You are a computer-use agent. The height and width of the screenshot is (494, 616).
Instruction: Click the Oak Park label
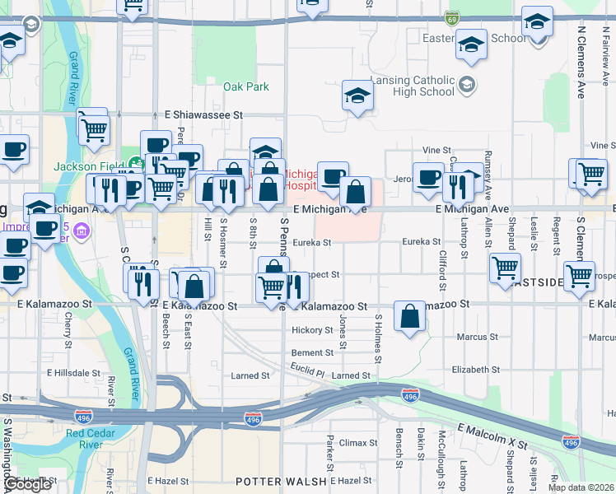[x=246, y=86]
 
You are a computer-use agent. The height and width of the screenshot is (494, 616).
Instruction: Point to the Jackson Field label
[x=86, y=166]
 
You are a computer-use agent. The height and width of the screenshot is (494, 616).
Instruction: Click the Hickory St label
[x=311, y=330]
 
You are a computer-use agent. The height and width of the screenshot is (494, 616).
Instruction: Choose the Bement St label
[x=312, y=352]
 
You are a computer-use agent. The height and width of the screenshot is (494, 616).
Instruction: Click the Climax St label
[x=358, y=442]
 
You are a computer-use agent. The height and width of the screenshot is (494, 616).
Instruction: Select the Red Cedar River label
[x=95, y=439]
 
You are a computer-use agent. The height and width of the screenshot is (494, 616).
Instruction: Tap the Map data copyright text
[x=580, y=487]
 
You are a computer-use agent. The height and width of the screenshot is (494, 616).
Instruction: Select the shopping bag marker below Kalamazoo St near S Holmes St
[x=410, y=317]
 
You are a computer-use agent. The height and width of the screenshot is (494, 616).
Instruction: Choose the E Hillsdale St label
[x=73, y=372]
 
